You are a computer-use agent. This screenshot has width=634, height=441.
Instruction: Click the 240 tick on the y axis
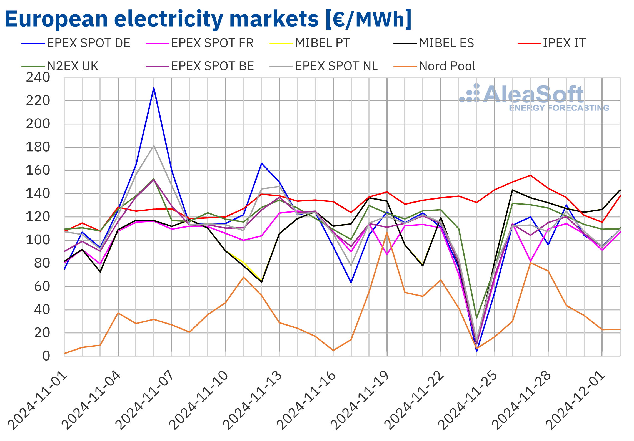38,77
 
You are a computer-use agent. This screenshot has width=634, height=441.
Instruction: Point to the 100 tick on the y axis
38,240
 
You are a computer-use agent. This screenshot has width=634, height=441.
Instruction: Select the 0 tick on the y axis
46,356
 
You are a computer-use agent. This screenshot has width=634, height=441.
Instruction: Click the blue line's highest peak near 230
154,88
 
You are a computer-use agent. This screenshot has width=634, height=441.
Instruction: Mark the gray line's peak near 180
154,146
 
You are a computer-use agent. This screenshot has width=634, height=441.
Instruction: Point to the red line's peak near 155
530,175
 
